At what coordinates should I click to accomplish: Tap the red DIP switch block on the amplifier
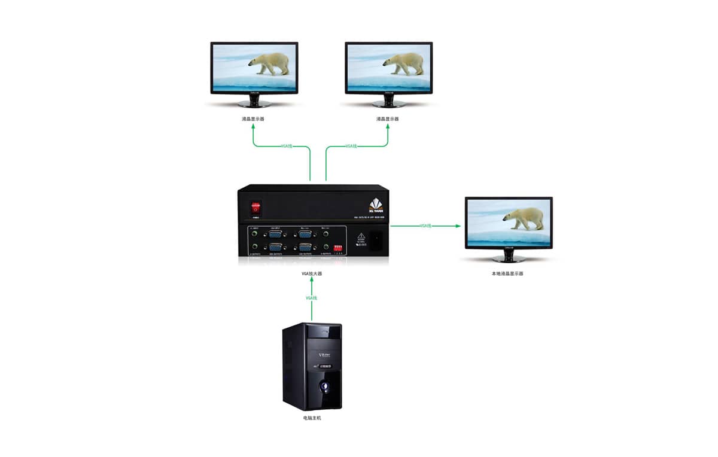coord(340,246)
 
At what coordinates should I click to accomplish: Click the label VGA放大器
coord(312,273)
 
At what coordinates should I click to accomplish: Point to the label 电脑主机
coord(312,418)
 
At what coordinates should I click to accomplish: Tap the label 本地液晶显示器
coord(507,273)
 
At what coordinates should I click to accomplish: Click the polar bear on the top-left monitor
coord(270,63)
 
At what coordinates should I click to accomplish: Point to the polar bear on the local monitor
coord(524,218)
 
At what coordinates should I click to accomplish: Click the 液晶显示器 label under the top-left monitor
coord(253,119)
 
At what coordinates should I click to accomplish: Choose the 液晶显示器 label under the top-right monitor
coord(387,119)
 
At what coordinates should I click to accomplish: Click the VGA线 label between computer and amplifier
coord(312,298)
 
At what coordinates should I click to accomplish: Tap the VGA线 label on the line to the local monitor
coord(425,226)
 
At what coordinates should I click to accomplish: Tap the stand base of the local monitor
coord(509,259)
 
